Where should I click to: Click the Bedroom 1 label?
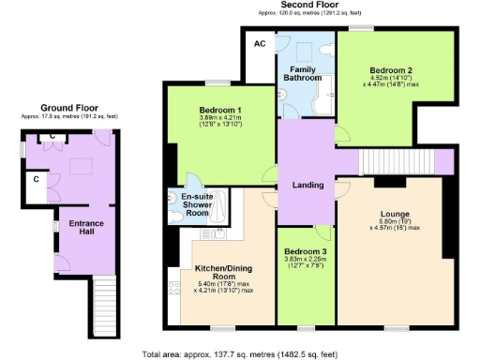click(x=221, y=110)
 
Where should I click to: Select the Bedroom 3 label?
click(x=307, y=252)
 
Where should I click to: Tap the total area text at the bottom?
click(x=240, y=354)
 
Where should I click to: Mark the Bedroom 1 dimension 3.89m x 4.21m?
click(x=221, y=118)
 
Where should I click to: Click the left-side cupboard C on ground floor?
click(x=36, y=178)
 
